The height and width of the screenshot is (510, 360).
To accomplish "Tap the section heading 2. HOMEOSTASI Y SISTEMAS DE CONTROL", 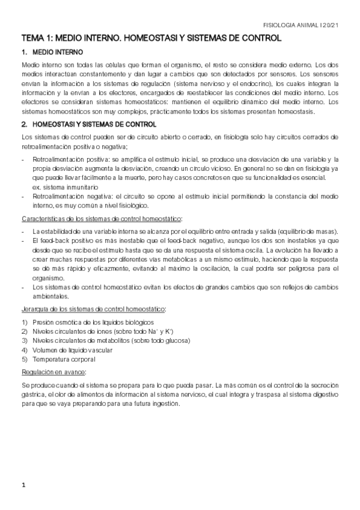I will click(90, 124).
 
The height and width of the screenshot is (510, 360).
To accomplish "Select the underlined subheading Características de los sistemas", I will click(102, 218).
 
